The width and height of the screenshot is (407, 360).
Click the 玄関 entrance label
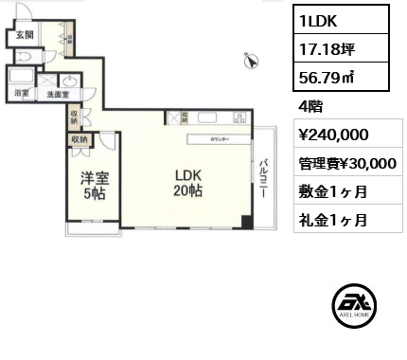click(23, 35)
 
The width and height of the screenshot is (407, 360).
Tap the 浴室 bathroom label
click(21, 94)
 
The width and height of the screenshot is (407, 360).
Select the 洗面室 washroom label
click(58, 94)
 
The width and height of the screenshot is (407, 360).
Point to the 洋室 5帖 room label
click(93, 184)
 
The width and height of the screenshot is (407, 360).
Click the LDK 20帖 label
click(186, 184)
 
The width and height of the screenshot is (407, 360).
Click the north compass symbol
click(251, 61)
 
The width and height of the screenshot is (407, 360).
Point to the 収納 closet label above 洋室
click(79, 138)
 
